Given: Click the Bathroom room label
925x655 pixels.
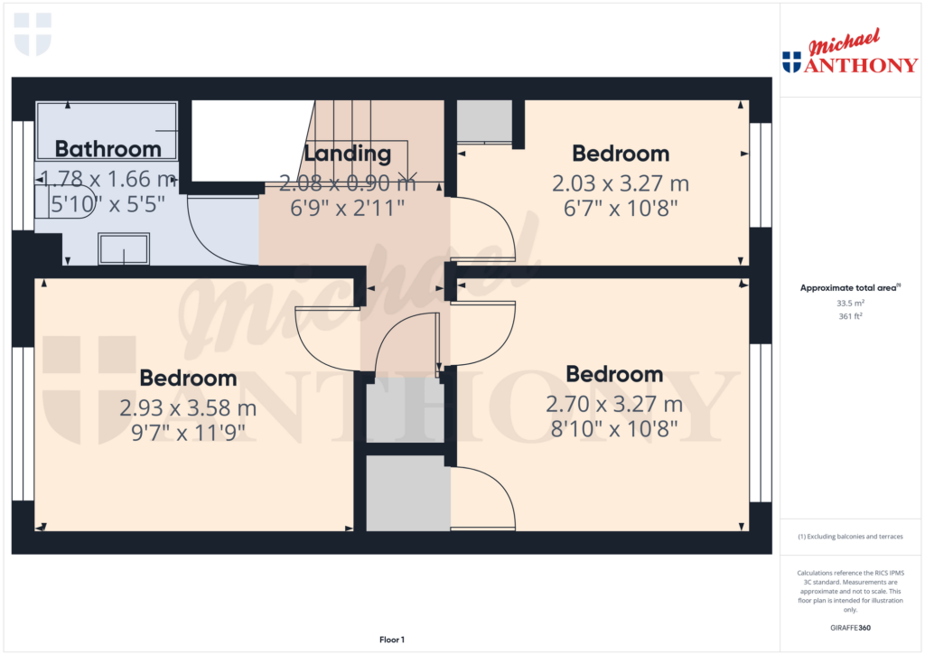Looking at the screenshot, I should (x=107, y=149).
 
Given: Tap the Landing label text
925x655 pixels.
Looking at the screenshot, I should (x=347, y=154).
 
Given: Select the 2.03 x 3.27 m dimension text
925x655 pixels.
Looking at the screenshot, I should (x=621, y=183).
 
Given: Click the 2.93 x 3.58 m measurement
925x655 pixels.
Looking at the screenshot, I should (x=188, y=408).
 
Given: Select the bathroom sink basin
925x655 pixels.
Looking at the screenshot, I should (x=124, y=248).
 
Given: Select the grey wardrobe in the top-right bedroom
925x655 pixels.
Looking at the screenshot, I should (x=484, y=121).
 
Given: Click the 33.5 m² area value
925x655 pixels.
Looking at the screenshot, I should (x=850, y=304).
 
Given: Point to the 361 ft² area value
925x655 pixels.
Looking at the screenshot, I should (x=850, y=316).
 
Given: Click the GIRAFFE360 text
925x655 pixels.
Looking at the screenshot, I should (x=851, y=628).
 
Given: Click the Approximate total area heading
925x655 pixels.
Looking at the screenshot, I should (x=848, y=288).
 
